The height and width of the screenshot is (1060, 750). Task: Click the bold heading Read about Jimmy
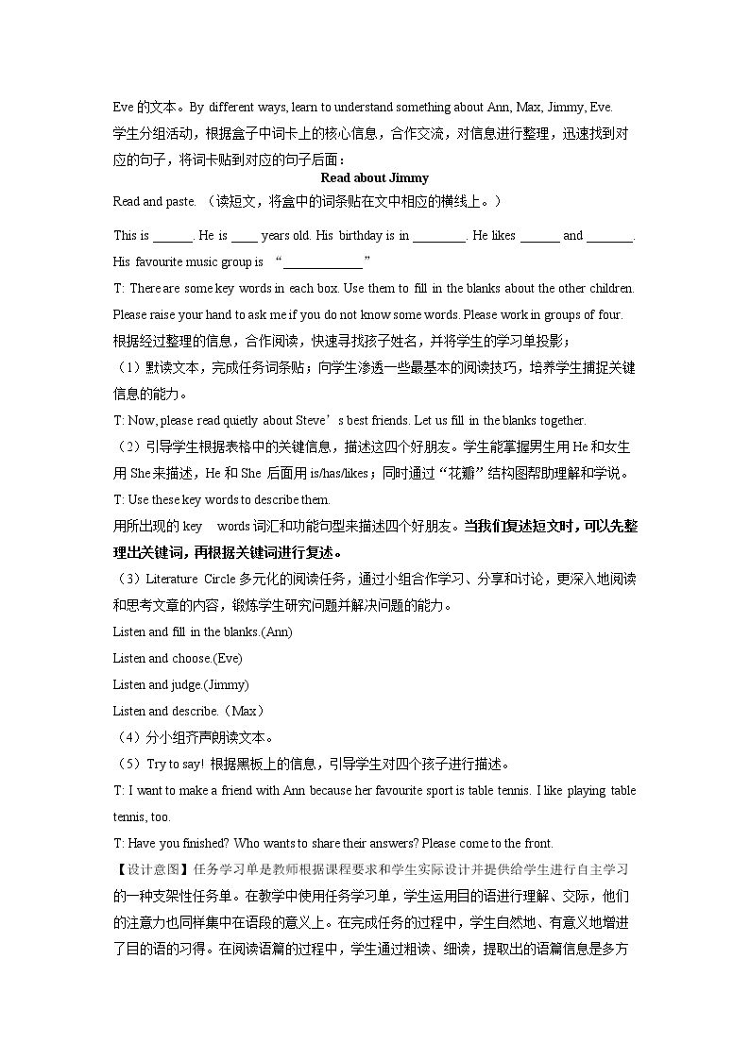(x=374, y=177)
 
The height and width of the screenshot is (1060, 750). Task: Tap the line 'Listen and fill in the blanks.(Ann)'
(x=202, y=631)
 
